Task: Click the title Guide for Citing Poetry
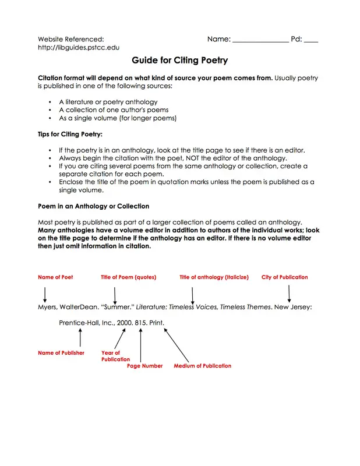coord(179,60)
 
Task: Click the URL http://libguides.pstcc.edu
coord(79,47)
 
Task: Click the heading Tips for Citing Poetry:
coord(70,135)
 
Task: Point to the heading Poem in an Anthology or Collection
coord(93,206)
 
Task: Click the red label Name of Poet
coord(55,277)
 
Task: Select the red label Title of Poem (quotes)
coord(128,277)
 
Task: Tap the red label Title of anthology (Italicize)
coord(214,277)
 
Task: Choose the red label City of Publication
coord(284,277)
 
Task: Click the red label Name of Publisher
coord(61,353)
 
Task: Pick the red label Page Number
coord(145,366)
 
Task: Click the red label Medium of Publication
coord(202,366)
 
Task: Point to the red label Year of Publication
coord(115,356)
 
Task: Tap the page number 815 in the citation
coord(140,322)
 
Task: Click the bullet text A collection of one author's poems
coord(114,110)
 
